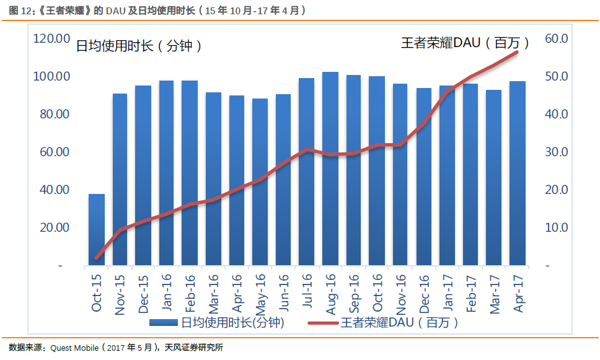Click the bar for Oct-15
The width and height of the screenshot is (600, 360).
coord(97,230)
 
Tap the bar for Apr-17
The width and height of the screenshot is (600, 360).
coord(518,173)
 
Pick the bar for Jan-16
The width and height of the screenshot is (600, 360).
coord(166,173)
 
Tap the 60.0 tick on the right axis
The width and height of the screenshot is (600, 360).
coord(556,38)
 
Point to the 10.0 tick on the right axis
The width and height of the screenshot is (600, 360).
coord(556,227)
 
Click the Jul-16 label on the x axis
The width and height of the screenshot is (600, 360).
coord(307,292)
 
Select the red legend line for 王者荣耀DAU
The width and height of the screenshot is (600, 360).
coord(322,322)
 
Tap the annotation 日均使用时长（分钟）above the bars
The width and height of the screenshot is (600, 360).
coord(139,46)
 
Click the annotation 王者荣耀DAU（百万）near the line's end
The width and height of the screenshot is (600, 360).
coord(465,43)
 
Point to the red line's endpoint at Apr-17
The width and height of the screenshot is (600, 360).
coord(518,52)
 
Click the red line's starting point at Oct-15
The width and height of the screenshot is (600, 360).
coord(97,258)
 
